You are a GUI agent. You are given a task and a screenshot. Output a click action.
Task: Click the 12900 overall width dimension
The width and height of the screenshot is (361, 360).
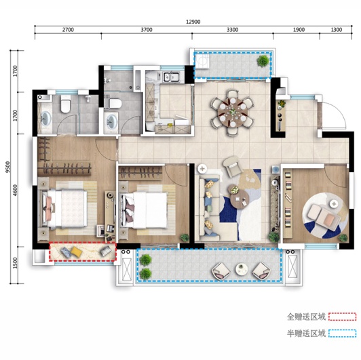point(193,22)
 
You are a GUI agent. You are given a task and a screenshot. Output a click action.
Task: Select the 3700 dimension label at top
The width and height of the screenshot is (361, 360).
point(147,30)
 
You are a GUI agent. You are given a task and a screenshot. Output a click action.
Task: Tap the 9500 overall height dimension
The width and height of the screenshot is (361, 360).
point(8,167)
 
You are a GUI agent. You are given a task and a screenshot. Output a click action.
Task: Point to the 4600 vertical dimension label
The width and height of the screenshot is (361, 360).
point(16,191)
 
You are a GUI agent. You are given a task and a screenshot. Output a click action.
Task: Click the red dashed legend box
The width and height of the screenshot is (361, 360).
point(343,317)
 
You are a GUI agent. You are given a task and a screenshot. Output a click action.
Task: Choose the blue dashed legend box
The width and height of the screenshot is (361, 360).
point(343,334)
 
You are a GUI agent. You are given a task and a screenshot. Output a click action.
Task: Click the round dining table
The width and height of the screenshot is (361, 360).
point(233,113)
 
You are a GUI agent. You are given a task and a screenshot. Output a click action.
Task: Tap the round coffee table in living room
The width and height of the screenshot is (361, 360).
point(240,199)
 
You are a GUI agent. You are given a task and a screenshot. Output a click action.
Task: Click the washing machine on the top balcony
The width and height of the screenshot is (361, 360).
point(202,61)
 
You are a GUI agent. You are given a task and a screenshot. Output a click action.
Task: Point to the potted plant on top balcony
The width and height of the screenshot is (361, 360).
point(263,61)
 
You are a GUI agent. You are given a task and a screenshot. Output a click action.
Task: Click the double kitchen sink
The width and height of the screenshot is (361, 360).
point(171,77)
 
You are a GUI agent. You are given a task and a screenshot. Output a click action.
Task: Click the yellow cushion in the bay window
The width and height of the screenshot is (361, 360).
point(76,252)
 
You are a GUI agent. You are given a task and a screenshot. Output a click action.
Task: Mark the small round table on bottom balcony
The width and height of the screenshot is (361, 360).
point(242,269)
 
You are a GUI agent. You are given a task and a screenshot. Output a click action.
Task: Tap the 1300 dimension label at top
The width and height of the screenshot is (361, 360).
point(337,30)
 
